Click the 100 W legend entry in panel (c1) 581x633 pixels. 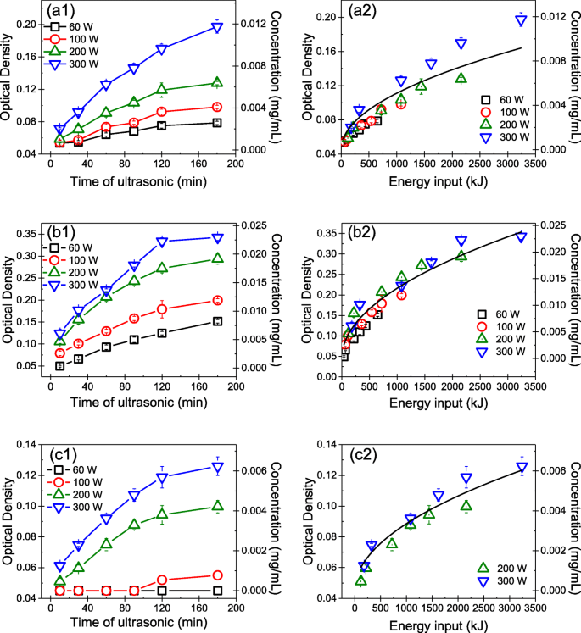[x=77, y=484]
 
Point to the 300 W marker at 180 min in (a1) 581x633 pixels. [x=217, y=27]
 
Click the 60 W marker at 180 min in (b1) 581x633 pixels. [x=217, y=322]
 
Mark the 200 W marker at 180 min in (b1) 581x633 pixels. [x=217, y=258]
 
